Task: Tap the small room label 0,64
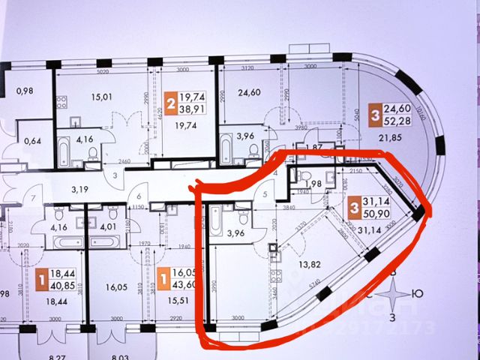click(x=31, y=140)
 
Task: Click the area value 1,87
click(x=316, y=148)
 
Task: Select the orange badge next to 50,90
click(x=354, y=207)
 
